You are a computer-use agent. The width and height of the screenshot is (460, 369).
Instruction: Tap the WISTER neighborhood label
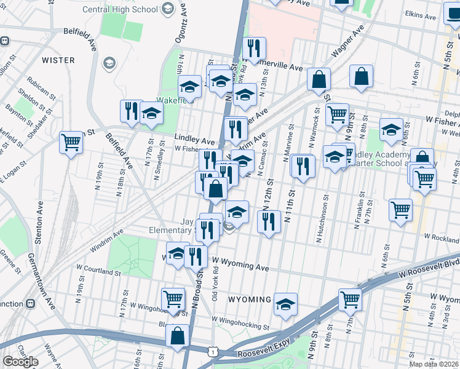(58, 60)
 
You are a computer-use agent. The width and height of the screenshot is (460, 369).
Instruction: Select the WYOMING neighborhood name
(250, 300)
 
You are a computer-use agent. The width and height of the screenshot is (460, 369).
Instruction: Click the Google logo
(20, 362)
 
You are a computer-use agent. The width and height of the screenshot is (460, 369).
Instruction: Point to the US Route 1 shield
(212, 351)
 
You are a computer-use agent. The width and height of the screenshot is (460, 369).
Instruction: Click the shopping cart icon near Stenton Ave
(71, 143)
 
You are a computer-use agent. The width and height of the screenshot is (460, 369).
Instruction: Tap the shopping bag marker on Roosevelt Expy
(177, 336)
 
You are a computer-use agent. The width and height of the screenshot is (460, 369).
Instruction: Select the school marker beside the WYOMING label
(285, 304)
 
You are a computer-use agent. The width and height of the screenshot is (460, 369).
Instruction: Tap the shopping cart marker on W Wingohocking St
(173, 299)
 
